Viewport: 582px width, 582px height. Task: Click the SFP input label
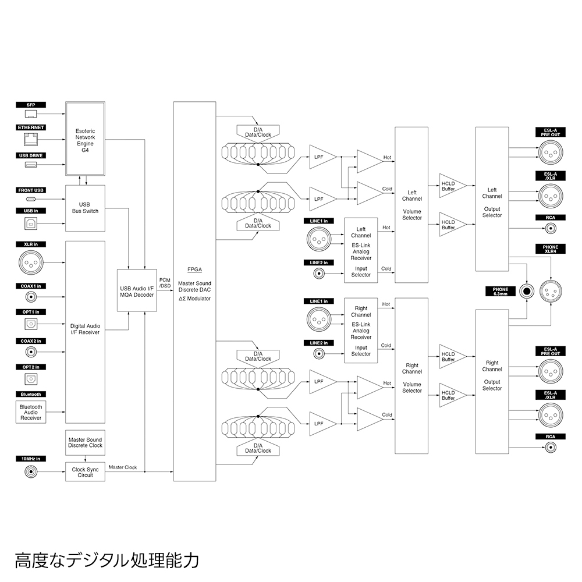(31, 105)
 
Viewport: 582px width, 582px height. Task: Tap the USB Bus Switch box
(85, 207)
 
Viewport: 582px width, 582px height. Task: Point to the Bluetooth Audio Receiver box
(31, 412)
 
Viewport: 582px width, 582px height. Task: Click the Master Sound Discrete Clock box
(85, 442)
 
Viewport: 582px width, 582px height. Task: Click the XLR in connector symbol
(31, 264)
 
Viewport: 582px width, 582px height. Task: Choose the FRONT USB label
(31, 190)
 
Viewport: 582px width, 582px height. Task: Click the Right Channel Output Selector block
(492, 375)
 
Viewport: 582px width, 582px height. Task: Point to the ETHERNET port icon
(31, 139)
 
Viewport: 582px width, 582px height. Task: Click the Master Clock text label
(123, 467)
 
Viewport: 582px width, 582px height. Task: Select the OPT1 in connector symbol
(31, 324)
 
